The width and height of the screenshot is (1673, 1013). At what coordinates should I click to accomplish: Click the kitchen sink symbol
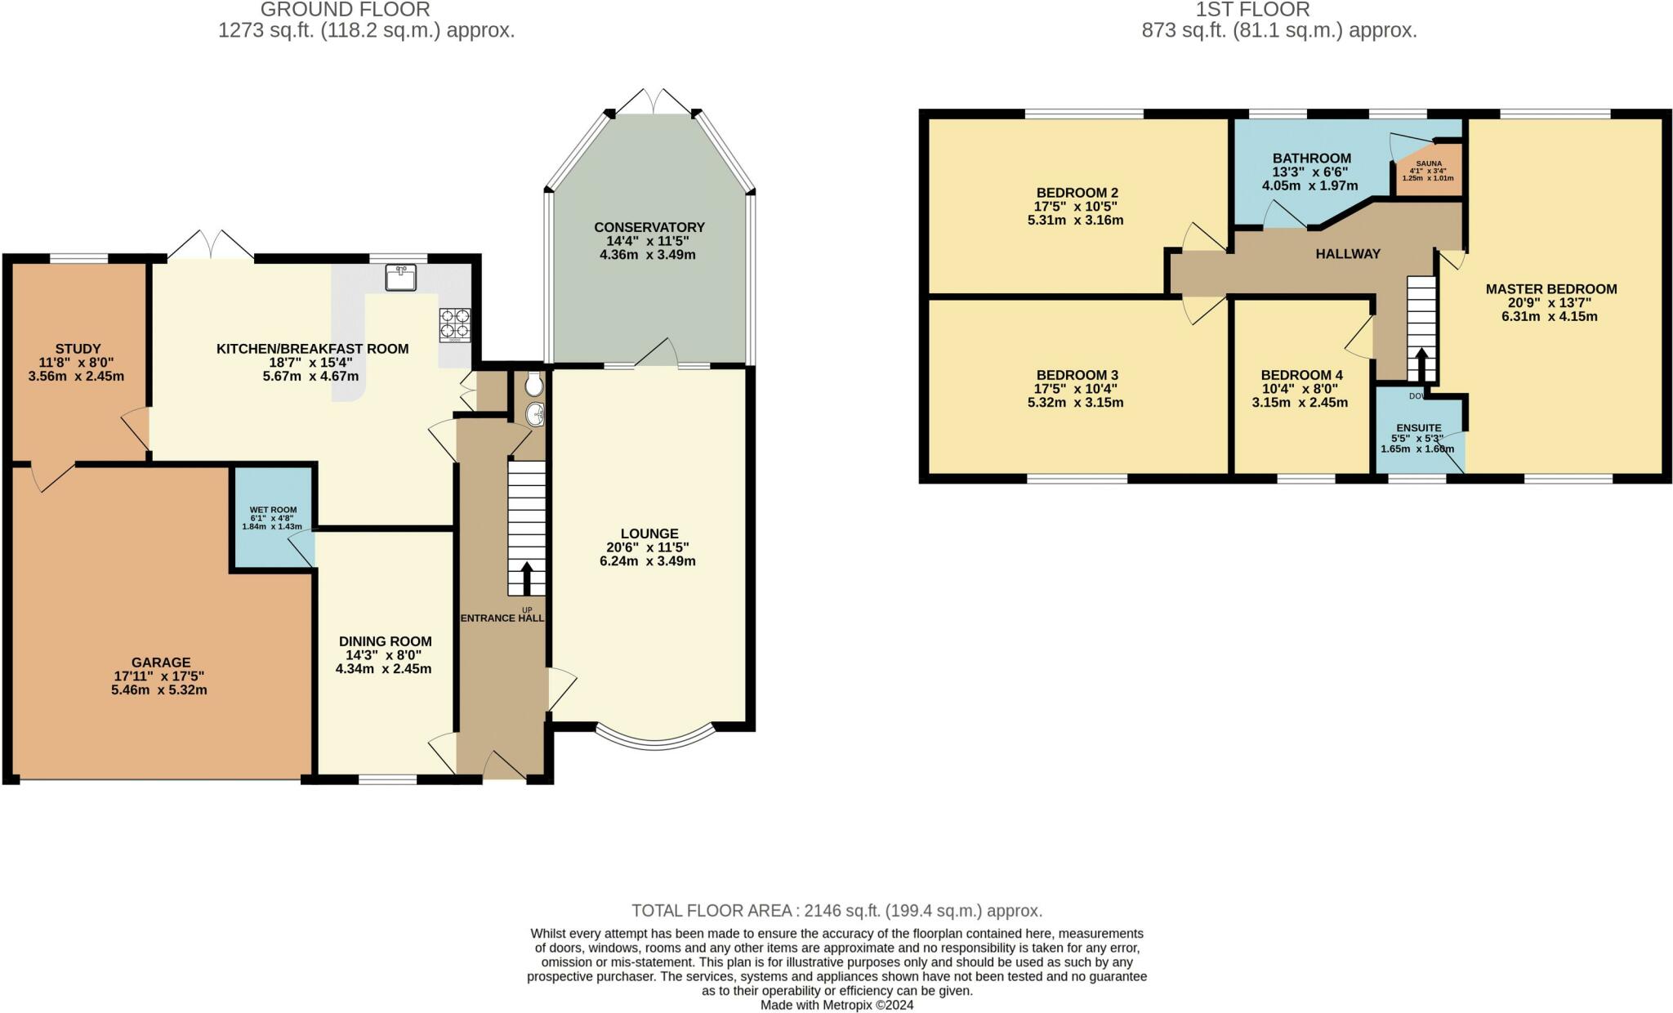pos(400,277)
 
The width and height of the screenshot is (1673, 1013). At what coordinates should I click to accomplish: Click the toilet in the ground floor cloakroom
pos(534,383)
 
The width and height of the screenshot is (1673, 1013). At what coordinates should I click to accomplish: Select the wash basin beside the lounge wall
pos(536,414)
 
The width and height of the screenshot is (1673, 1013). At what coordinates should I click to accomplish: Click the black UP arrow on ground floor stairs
pos(526,578)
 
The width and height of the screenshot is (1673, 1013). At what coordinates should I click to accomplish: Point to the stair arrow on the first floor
pos(1421,364)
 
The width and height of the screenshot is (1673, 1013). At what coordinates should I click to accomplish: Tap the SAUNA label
pos(1429,163)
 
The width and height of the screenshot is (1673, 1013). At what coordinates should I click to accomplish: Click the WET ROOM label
pos(273,510)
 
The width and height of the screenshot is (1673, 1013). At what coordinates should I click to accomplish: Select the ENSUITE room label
pos(1419,428)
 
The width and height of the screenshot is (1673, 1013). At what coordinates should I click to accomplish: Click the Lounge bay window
pos(656,739)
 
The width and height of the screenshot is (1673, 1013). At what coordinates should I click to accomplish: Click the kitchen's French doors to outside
pos(212,244)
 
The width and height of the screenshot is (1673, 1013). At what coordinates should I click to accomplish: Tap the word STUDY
pos(78,349)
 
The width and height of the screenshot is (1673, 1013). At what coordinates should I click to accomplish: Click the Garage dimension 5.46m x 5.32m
pos(159,690)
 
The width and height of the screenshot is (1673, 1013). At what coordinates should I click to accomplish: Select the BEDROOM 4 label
pos(1301,375)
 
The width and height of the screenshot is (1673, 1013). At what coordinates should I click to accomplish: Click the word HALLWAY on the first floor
pos(1347,254)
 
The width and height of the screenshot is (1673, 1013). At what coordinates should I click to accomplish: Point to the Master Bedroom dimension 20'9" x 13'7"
pos(1550,302)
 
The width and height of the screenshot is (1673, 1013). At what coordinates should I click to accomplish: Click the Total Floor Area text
pos(836,910)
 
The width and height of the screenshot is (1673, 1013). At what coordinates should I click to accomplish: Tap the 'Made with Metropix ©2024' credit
pos(836,1005)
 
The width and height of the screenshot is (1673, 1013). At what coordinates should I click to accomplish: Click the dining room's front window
pos(387,779)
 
